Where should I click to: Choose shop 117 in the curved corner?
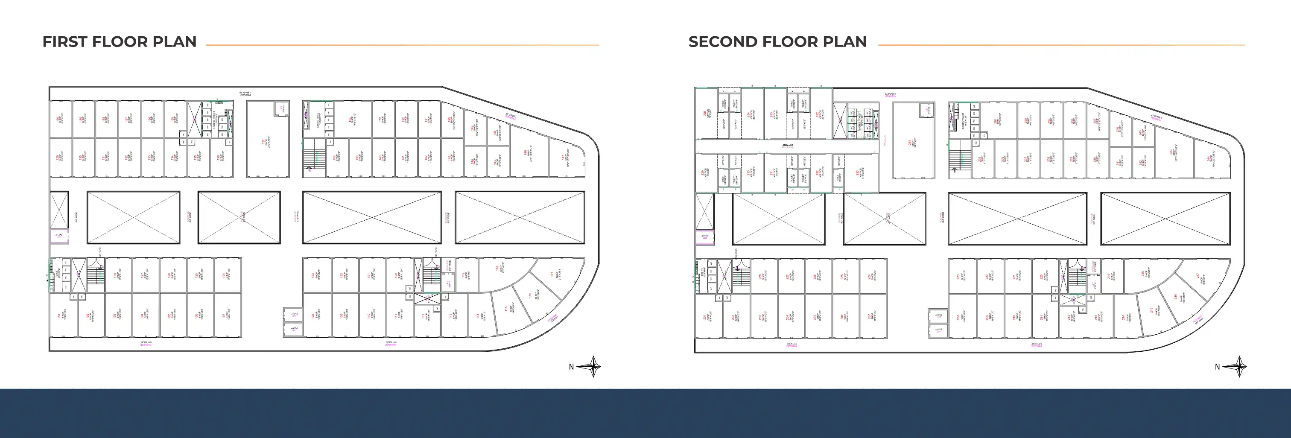tap(556, 274)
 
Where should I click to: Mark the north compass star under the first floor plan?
tap(592, 366)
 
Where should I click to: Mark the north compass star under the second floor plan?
tap(1238, 366)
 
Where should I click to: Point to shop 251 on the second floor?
tap(998, 120)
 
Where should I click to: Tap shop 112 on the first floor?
tap(426, 316)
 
